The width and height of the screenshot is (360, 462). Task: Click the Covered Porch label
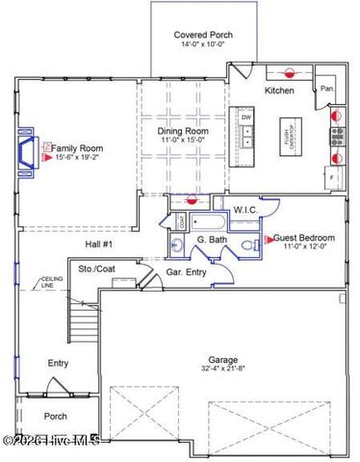[202, 35]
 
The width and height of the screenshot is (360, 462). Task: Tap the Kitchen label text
[280, 90]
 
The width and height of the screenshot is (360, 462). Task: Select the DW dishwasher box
[246, 117]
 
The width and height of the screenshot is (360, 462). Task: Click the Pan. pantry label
[327, 90]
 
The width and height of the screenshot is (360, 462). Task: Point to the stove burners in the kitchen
[338, 134]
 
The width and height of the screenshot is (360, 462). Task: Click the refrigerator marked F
[333, 178]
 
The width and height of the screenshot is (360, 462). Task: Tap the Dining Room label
[183, 131]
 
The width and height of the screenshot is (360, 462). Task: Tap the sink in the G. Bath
[177, 246]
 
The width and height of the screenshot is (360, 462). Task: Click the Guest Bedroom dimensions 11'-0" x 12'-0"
[303, 247]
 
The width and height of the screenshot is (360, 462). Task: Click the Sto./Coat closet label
[98, 269]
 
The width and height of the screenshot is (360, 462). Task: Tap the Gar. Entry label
[187, 272]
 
